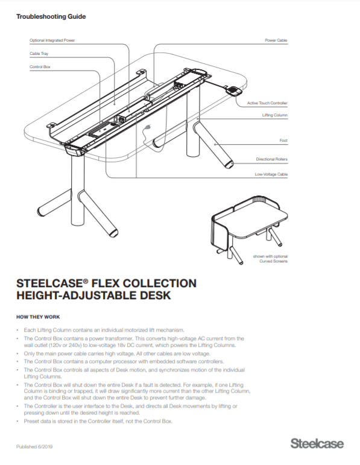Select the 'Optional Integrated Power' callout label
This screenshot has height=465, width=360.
click(52, 40)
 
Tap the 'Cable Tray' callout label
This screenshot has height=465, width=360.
click(40, 54)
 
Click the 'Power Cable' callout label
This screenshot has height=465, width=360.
click(276, 40)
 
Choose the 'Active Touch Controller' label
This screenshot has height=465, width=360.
click(267, 103)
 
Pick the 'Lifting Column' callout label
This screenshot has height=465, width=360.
click(274, 114)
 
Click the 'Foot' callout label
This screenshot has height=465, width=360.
click(283, 141)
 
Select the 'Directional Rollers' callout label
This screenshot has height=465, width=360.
click(271, 160)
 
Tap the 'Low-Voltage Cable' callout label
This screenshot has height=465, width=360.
click(271, 174)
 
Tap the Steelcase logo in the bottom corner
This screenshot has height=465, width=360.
click(317, 444)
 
